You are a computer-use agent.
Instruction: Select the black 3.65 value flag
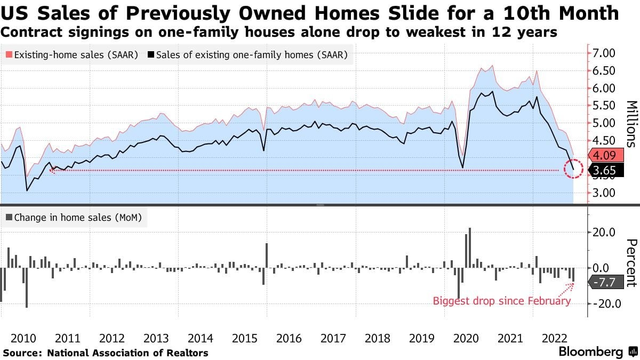pyautogui.click(x=605, y=170)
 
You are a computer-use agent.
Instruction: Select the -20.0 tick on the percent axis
pyautogui.click(x=604, y=303)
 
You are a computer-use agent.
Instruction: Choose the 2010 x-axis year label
pyautogui.click(x=23, y=338)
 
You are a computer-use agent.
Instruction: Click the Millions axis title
pyautogui.click(x=631, y=123)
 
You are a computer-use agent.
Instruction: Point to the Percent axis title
pyautogui.click(x=631, y=263)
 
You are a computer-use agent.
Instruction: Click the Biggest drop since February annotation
pyautogui.click(x=501, y=301)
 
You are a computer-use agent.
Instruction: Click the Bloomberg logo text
pyautogui.click(x=590, y=352)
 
